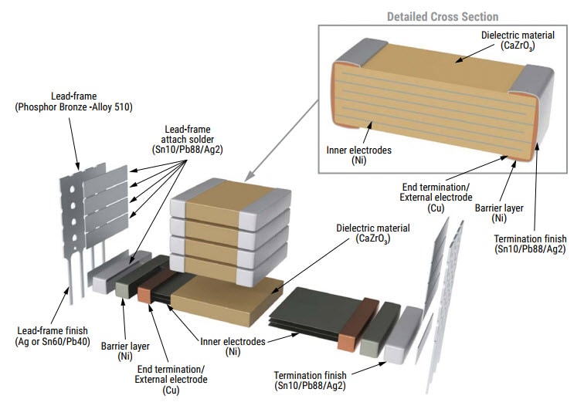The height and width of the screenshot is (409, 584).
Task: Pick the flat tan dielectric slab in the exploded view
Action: click(x=224, y=297)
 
